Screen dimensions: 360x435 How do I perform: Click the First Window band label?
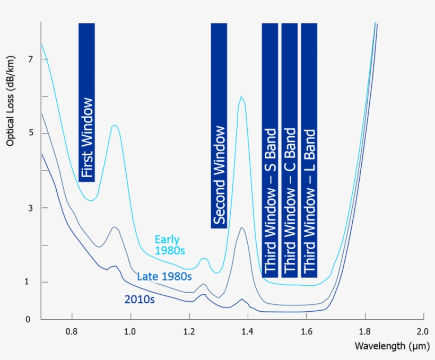pos(87,138)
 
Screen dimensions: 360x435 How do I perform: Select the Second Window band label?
pos(219,175)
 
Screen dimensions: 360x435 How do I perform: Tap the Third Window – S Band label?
pos(270,201)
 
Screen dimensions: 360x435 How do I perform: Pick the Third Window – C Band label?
pos(289,201)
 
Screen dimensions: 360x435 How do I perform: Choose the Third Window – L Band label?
pos(309,201)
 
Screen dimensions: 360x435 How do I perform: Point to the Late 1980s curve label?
pos(164,276)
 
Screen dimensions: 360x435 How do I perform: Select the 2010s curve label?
pos(140,300)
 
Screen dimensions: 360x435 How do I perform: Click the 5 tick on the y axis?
pos(30,133)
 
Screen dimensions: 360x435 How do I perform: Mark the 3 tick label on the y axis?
pos(30,208)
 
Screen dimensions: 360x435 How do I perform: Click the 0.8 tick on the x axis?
pos(71,331)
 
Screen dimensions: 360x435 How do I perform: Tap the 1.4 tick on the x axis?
pos(247,331)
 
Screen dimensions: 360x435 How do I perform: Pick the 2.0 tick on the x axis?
pos(422,331)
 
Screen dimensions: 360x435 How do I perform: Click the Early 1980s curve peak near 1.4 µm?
pos(241,96)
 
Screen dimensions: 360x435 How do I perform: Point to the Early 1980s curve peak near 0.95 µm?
pos(114,125)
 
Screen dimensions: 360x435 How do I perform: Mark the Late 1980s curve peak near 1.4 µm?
pos(241,227)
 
